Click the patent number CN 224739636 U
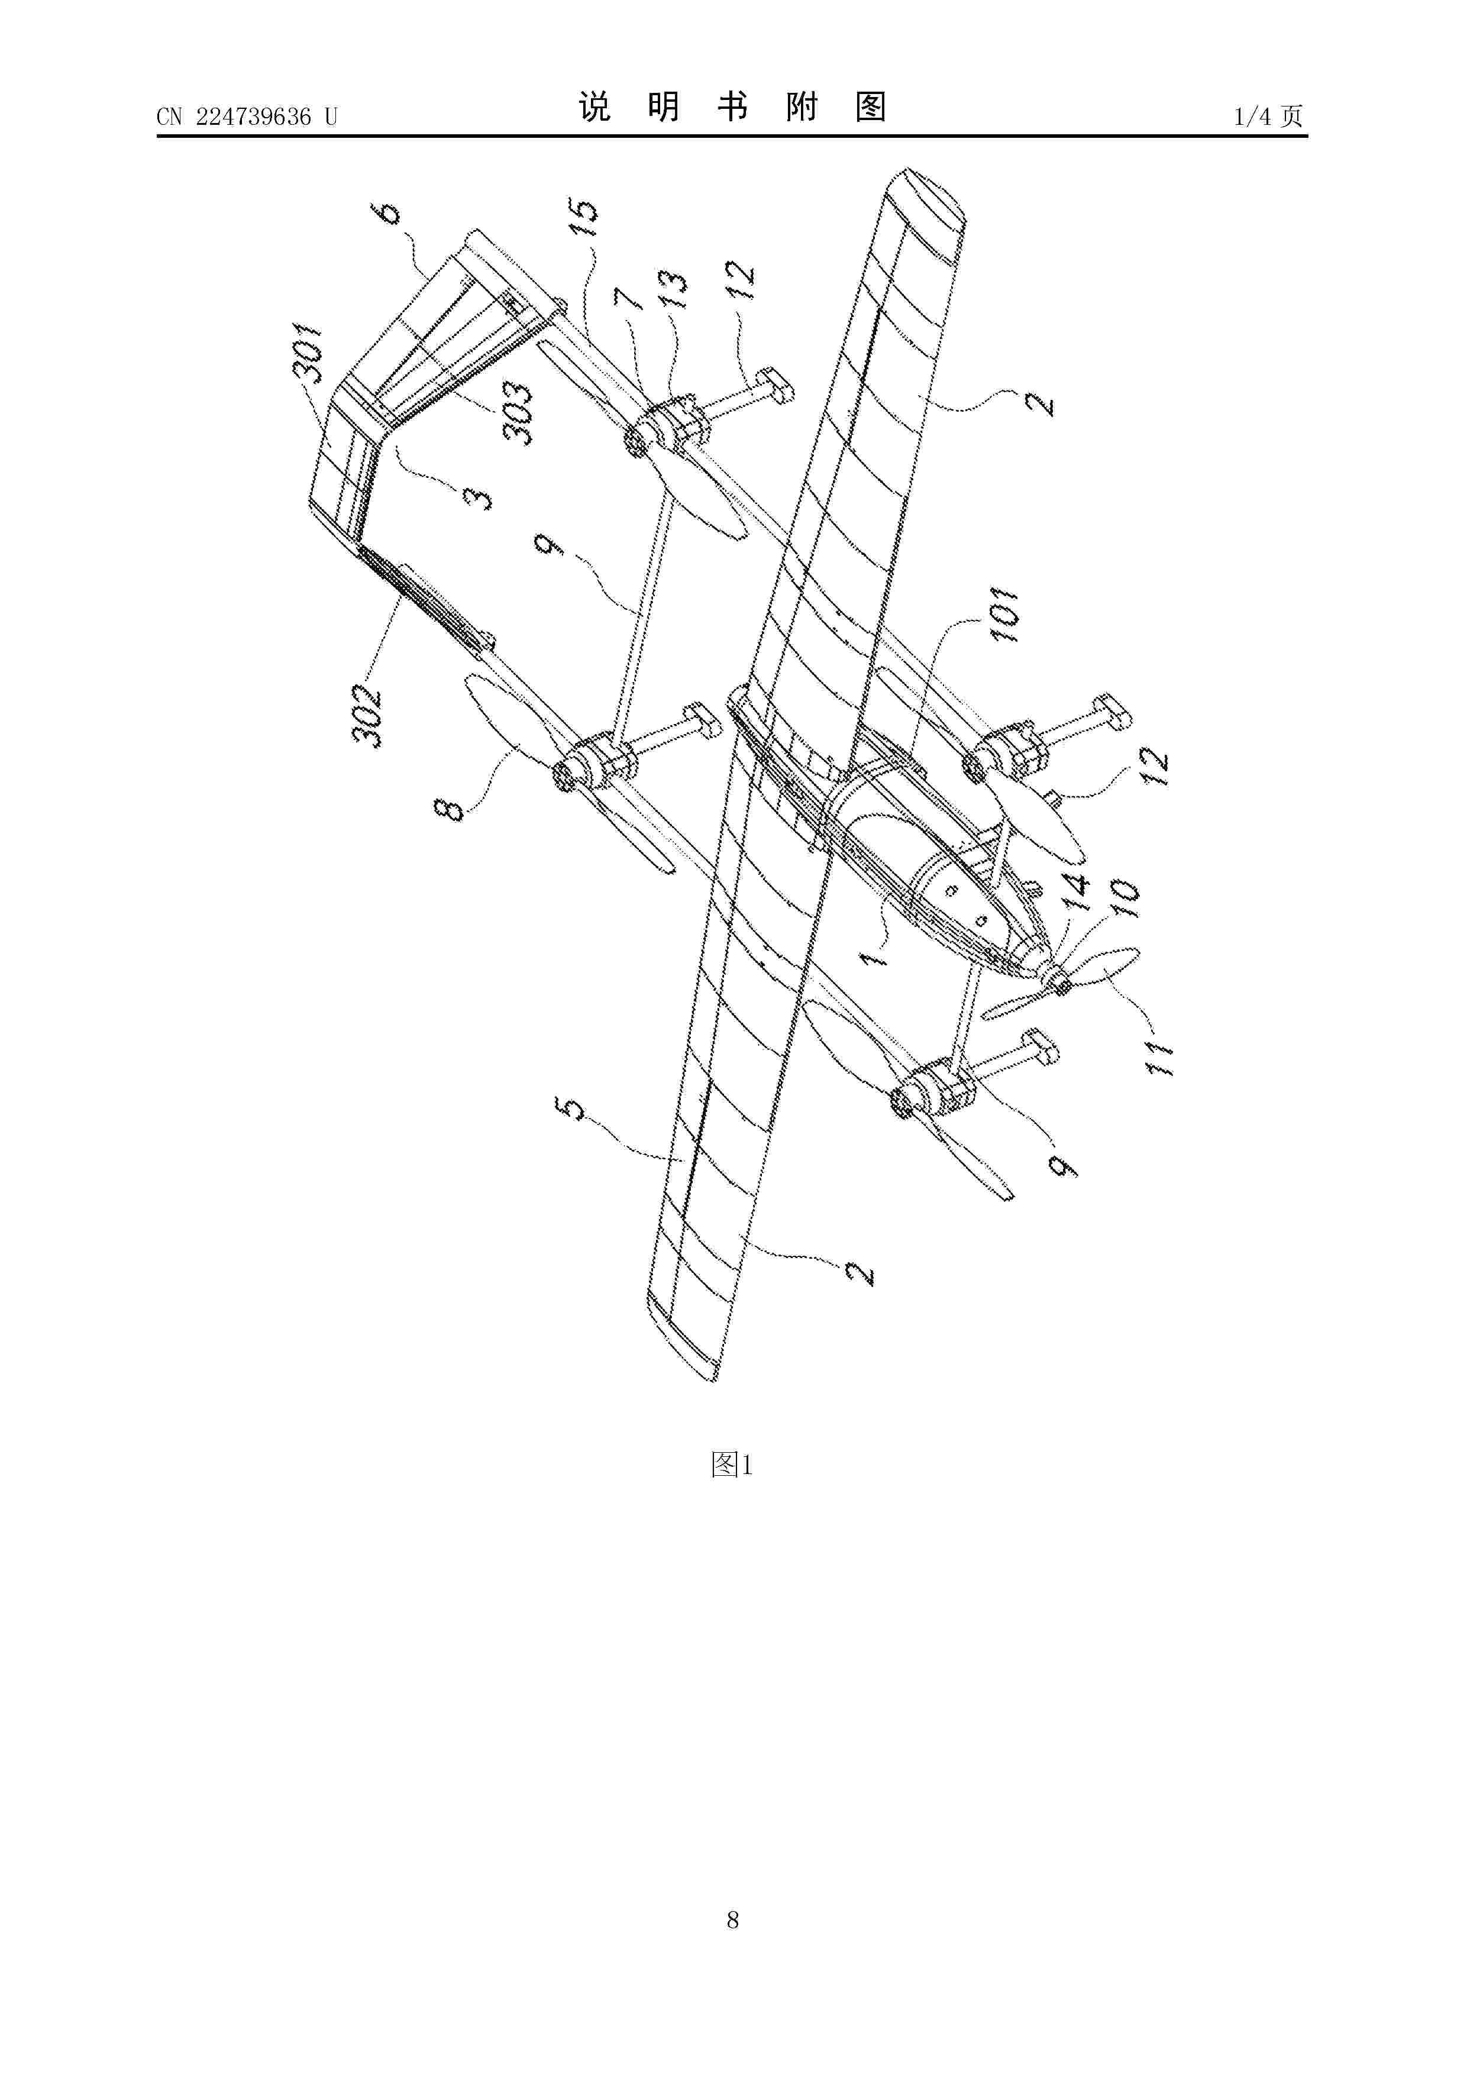[247, 117]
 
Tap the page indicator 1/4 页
[1268, 116]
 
